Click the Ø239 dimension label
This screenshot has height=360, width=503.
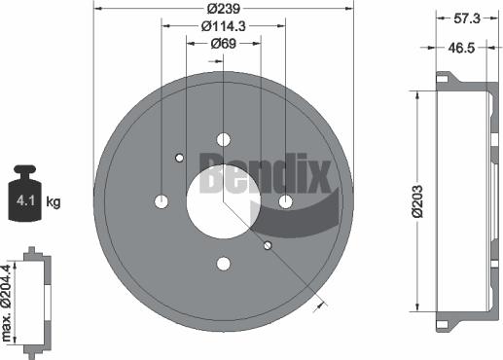coord(223,8)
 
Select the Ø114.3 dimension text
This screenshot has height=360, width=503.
coord(223,26)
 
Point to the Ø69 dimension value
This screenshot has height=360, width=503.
coord(223,45)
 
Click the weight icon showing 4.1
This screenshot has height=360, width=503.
coord(23,195)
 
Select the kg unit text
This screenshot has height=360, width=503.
coord(54,202)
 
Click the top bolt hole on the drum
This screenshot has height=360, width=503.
coord(223,139)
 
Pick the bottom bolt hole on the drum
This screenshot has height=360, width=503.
coord(223,263)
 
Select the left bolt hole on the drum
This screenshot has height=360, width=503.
coord(162,201)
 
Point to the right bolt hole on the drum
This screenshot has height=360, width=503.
coord(285,201)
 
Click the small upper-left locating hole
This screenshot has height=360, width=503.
coord(179,158)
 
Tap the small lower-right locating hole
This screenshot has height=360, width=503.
coord(268,245)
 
